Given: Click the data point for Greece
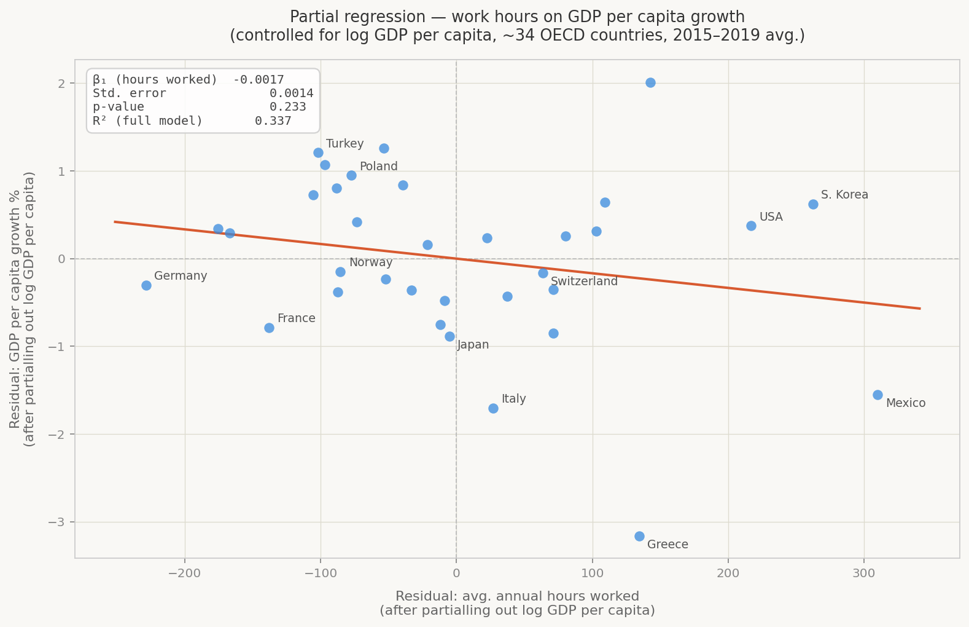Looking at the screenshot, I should [x=639, y=536].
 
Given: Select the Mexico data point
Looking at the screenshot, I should [x=878, y=395].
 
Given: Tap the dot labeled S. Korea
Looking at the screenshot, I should [x=813, y=204].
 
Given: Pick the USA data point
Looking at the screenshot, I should [x=751, y=226].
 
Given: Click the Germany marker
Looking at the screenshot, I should [x=146, y=285].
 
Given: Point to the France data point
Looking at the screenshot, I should [x=269, y=328].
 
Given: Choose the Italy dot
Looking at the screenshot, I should [x=493, y=408].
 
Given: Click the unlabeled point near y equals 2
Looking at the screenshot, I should [x=650, y=82].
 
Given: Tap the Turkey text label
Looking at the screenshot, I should [x=344, y=144].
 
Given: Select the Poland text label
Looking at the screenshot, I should [x=378, y=167].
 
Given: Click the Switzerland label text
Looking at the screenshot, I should [x=584, y=282].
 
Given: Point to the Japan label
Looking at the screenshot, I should [x=473, y=345].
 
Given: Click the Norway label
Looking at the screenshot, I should [x=370, y=262].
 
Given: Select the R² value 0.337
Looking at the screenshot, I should [x=273, y=121].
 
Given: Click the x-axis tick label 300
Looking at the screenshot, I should [x=864, y=573].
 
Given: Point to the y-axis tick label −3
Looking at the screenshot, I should [x=57, y=522].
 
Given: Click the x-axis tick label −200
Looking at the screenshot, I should [x=185, y=573].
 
